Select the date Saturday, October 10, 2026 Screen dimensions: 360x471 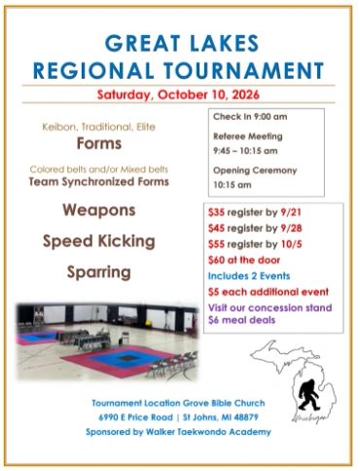click(178, 94)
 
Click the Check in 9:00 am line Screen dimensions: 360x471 click(250, 117)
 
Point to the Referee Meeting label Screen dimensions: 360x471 click(248, 136)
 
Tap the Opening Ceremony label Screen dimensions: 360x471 click(255, 170)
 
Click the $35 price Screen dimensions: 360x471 click(216, 212)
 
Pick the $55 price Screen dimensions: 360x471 click(216, 244)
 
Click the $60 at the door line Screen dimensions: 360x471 click(244, 260)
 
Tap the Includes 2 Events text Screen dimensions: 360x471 click(249, 276)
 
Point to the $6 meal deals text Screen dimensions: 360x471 click(241, 320)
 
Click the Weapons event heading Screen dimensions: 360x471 click(99, 210)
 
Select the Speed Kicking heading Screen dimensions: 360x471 click(99, 241)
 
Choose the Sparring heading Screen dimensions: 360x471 click(99, 272)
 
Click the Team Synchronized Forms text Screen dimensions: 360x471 click(99, 182)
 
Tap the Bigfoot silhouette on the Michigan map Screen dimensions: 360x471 click(307, 393)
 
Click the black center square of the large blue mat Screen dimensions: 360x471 click(128, 358)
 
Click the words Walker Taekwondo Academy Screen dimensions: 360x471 click(208, 432)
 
